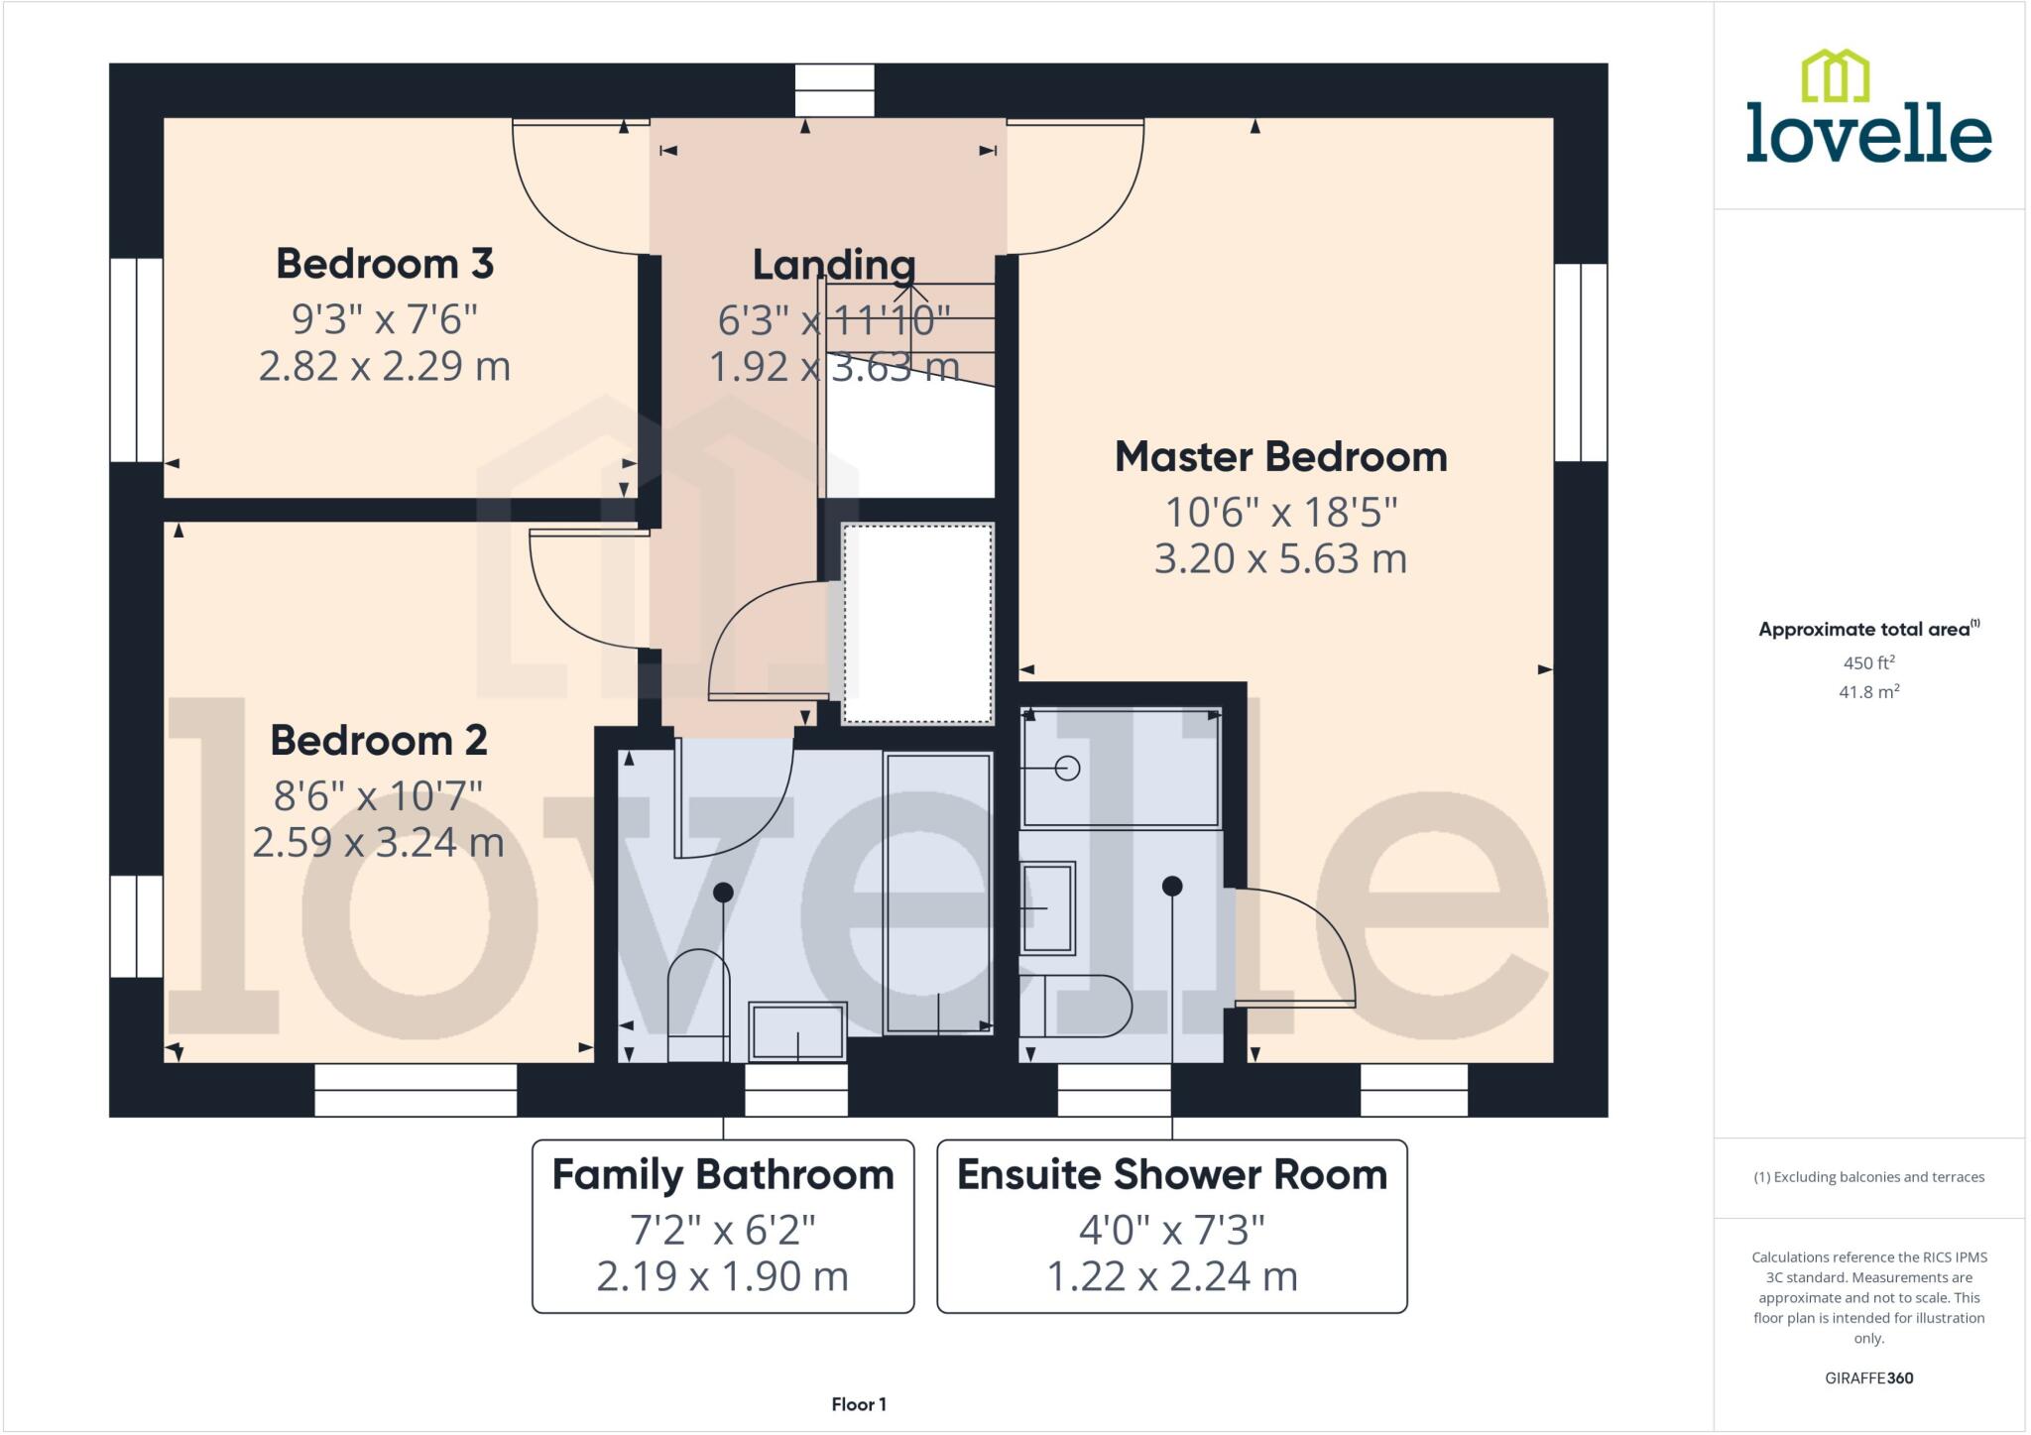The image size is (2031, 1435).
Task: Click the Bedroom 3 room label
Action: (385, 264)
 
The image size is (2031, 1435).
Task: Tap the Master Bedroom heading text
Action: (1280, 457)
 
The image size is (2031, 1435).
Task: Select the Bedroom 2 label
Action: (379, 741)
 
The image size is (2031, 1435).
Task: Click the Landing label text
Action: (833, 265)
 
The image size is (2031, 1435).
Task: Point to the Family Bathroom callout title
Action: (723, 1175)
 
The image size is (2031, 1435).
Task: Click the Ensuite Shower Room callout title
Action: (1171, 1175)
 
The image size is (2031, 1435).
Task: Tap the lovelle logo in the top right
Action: (1868, 109)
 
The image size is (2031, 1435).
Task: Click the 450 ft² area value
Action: (1868, 662)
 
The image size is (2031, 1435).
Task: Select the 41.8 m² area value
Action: (1868, 691)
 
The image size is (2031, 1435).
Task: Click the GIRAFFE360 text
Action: (1868, 1377)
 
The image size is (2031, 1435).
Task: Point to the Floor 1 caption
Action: (859, 1404)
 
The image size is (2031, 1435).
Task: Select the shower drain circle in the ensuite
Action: (1067, 768)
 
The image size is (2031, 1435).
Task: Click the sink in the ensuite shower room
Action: (1048, 907)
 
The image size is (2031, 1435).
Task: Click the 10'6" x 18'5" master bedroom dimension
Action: (1280, 513)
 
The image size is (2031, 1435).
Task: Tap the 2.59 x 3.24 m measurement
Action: (379, 843)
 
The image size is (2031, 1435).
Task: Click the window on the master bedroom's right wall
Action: (1580, 362)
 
